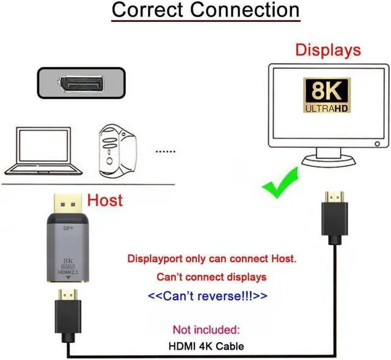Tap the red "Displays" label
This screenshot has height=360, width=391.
(328, 50)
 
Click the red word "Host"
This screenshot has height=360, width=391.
(105, 200)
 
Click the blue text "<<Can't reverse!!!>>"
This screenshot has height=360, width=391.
(208, 296)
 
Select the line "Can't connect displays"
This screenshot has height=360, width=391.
(211, 277)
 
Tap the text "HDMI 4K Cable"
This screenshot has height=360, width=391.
(206, 347)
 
